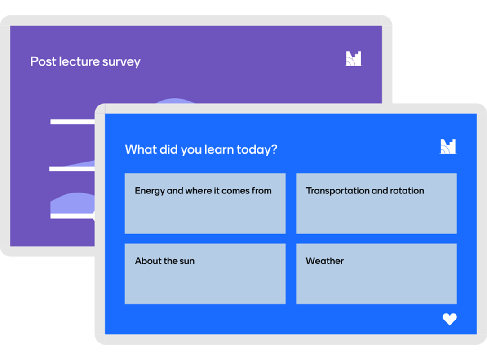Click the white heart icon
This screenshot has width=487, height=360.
click(449, 319)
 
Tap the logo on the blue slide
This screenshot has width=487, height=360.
click(448, 146)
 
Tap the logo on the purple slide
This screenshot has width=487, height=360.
click(354, 58)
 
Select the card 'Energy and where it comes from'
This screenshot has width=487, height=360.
click(205, 203)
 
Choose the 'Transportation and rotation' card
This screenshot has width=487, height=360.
click(376, 203)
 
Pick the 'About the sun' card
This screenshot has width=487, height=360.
click(205, 274)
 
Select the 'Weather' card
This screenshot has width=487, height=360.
click(376, 274)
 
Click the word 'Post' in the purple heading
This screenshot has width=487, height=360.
click(43, 61)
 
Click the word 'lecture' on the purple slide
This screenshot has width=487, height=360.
click(79, 61)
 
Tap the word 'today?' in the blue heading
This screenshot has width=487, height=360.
click(257, 150)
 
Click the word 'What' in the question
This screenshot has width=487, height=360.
click(141, 149)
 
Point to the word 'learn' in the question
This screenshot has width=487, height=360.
click(219, 149)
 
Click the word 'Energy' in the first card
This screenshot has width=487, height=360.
click(150, 191)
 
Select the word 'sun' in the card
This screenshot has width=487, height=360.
click(187, 261)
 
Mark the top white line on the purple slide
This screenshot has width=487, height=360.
click(73, 122)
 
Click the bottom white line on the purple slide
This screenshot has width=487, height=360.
click(73, 216)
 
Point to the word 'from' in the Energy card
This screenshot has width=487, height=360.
click(261, 191)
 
